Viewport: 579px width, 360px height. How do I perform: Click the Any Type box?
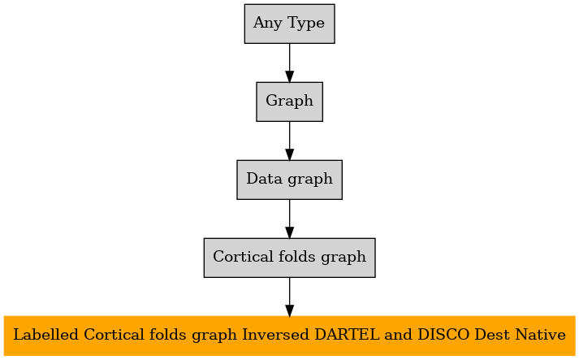click(x=289, y=24)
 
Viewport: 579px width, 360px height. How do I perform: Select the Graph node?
click(x=289, y=102)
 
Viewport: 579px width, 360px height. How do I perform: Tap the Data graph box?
click(x=289, y=180)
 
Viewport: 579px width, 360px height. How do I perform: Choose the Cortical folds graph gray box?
click(x=289, y=258)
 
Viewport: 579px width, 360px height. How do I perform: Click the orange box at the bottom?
click(x=289, y=336)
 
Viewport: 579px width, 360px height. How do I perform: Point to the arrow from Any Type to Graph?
click(x=289, y=63)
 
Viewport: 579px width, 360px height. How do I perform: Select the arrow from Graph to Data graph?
click(x=289, y=141)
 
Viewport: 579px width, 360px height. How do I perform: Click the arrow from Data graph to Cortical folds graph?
click(x=289, y=219)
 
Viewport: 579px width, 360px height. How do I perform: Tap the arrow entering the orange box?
click(x=289, y=297)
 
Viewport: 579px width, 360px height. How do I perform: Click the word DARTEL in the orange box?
click(x=347, y=335)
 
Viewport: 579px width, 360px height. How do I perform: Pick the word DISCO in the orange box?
click(x=443, y=335)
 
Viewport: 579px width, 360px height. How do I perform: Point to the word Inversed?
click(x=276, y=335)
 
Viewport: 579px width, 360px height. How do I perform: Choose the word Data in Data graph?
click(x=264, y=179)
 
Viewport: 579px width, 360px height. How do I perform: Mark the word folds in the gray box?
click(x=297, y=257)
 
